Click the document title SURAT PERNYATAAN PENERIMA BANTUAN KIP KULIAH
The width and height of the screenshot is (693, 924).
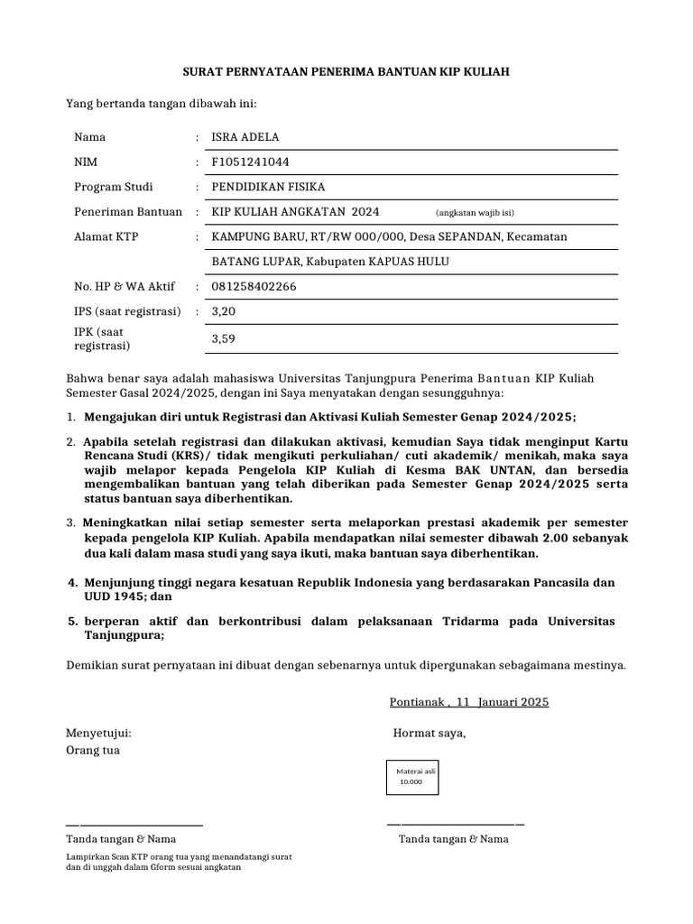click(x=346, y=71)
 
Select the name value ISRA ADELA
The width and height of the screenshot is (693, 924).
click(x=245, y=137)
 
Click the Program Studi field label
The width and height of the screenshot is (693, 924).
click(x=113, y=187)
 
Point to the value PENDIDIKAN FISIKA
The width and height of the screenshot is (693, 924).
click(x=267, y=187)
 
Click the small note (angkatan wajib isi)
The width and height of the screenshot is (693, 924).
click(x=475, y=213)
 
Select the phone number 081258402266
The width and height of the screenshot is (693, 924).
click(x=253, y=287)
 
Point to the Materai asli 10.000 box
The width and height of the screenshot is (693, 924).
click(x=411, y=776)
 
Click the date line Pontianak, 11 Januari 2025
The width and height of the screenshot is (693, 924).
click(x=468, y=702)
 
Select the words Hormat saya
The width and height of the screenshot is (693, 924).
click(x=429, y=733)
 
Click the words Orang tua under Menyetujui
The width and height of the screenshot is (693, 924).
click(x=93, y=750)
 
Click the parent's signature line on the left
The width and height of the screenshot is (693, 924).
click(x=134, y=824)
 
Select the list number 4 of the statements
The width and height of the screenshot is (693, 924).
click(x=73, y=583)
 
